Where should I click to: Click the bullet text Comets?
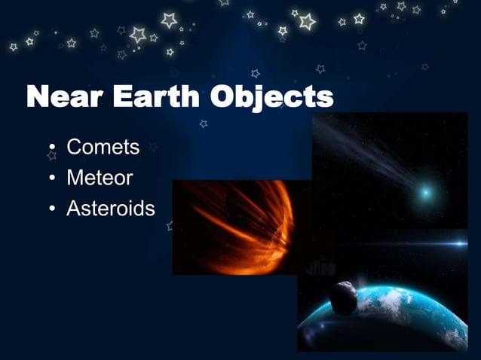click(103, 147)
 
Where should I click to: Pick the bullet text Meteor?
click(100, 178)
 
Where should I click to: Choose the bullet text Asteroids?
click(111, 208)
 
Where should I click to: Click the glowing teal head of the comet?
click(426, 193)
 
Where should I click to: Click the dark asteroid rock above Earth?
click(344, 298)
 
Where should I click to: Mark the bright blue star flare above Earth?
click(453, 243)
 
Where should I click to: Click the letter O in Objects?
click(224, 98)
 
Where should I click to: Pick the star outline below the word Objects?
click(204, 124)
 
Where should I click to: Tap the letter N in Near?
click(40, 98)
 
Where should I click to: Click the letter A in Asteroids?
click(74, 208)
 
